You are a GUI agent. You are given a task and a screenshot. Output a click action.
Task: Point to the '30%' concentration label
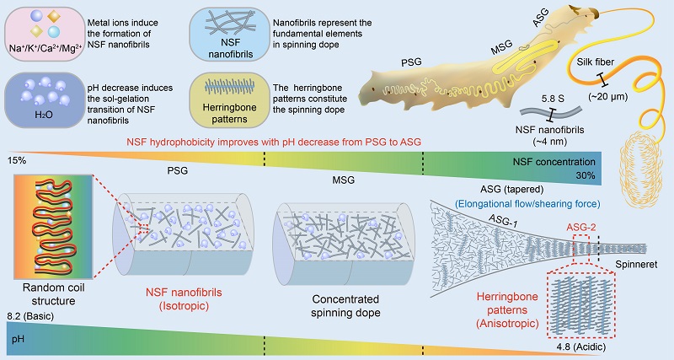585,175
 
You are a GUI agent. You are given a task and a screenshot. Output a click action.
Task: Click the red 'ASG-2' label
577,227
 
